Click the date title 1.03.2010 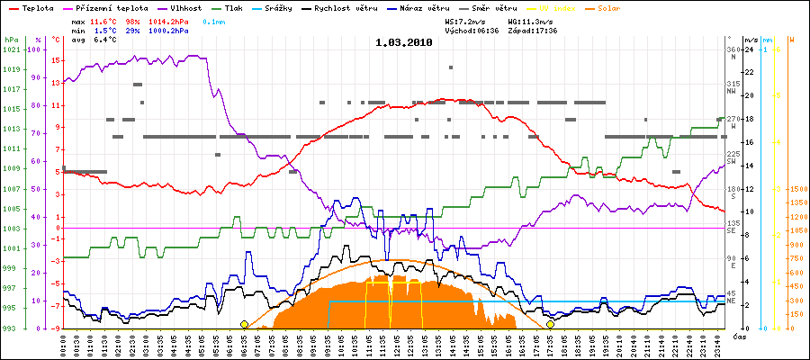(403, 41)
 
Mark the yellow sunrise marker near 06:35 (244, 324)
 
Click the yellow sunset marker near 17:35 (550, 324)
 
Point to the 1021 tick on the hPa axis (11, 49)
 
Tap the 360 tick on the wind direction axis (732, 49)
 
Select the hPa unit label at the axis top (11, 40)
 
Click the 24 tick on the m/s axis (748, 49)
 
